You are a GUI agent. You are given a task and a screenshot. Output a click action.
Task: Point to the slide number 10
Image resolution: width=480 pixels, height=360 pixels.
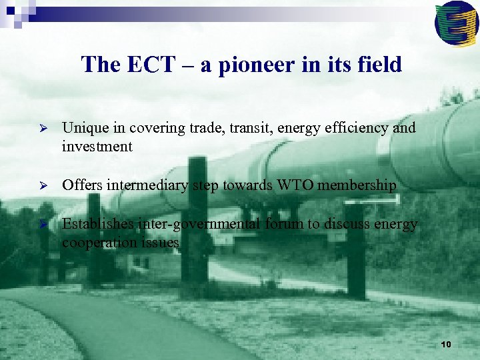(x=446, y=344)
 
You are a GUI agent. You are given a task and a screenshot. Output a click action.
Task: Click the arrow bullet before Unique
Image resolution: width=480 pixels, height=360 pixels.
(x=42, y=128)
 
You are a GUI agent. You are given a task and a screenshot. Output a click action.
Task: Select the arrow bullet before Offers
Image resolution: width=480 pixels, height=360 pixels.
(x=42, y=185)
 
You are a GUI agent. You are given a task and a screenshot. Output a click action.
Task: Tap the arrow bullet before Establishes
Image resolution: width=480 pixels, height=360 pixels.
(x=42, y=224)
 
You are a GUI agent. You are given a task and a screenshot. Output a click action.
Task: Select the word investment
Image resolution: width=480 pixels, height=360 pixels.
(x=97, y=147)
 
